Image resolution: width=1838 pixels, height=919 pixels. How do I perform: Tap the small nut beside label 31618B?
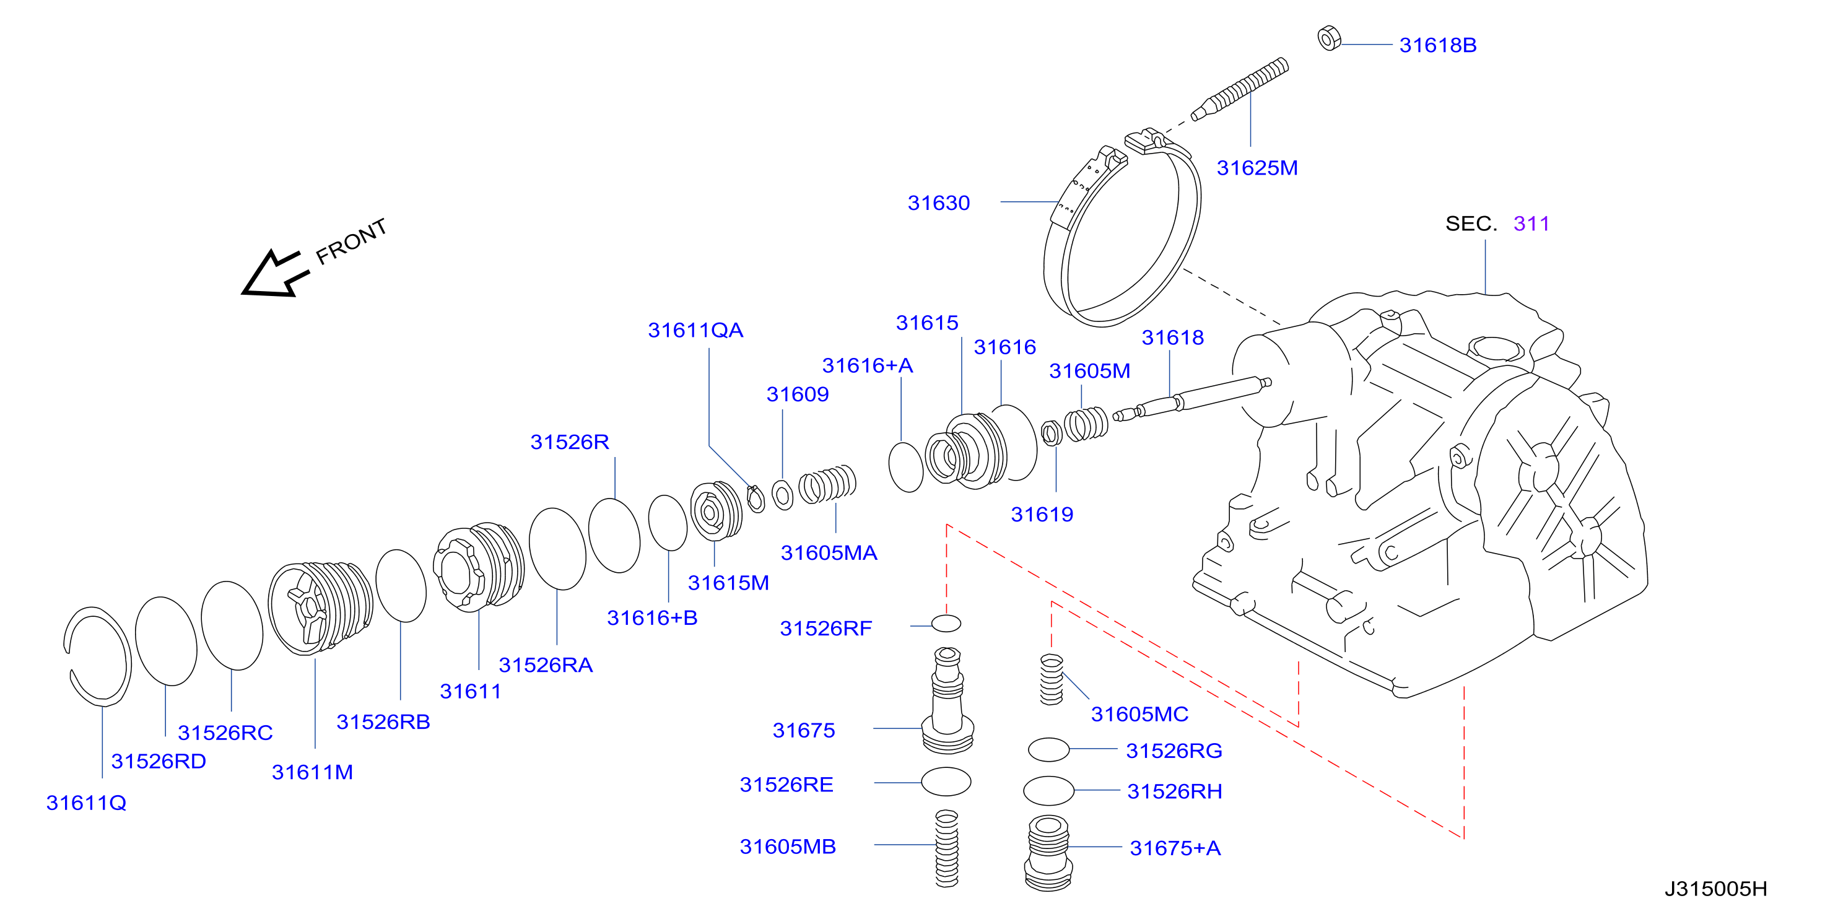1328,38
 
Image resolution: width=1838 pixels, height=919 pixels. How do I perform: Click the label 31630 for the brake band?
938,203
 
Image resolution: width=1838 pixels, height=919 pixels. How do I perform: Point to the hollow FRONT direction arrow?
275,274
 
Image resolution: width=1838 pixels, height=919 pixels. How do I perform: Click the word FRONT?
351,241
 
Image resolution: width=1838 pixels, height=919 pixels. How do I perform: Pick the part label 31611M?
313,772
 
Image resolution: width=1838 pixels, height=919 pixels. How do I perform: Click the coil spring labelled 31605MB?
947,848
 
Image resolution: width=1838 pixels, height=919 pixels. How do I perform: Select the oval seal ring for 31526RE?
946,782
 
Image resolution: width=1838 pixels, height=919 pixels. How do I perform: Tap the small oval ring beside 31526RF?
946,623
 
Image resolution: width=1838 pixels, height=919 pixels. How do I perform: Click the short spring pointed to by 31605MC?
1052,679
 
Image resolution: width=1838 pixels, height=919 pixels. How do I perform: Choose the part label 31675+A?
1175,848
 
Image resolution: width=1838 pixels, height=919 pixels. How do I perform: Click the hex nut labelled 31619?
1051,433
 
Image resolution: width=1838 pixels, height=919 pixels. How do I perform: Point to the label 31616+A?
868,365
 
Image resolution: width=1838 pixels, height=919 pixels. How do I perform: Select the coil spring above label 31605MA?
827,484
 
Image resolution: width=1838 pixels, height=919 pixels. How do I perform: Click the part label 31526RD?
159,761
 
